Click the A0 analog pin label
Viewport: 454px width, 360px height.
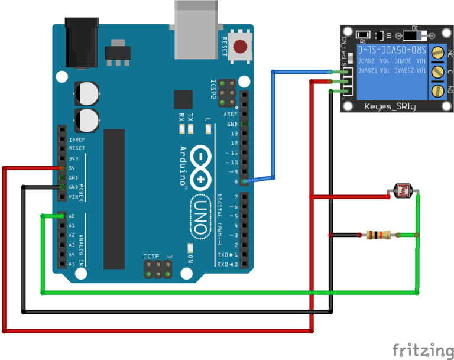[72, 216]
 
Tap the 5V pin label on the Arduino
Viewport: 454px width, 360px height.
[72, 168]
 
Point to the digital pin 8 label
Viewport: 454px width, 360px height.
[235, 181]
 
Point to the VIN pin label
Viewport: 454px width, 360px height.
[73, 196]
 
